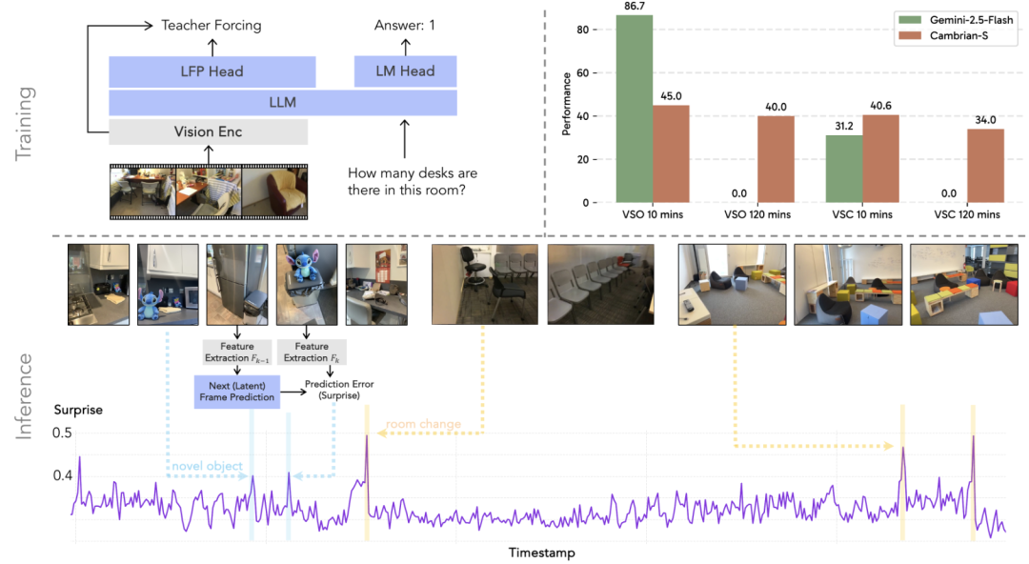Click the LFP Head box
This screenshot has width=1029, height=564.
pos(212,71)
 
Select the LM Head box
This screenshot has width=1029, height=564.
pos(405,70)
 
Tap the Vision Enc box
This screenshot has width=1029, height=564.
pos(208,131)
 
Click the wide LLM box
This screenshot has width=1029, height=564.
pos(282,103)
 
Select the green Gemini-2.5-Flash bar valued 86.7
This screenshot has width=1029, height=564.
pos(634,109)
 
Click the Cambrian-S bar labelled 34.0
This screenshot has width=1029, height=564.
pos(986,166)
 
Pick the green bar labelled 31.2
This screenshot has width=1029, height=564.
pos(843,169)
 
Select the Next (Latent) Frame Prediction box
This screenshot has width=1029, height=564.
pos(236,390)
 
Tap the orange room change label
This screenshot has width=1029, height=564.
pos(422,425)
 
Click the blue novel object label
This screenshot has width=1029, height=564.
pos(207,467)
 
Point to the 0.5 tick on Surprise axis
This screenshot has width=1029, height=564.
pos(63,433)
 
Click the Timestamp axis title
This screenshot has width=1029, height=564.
pos(541,553)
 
